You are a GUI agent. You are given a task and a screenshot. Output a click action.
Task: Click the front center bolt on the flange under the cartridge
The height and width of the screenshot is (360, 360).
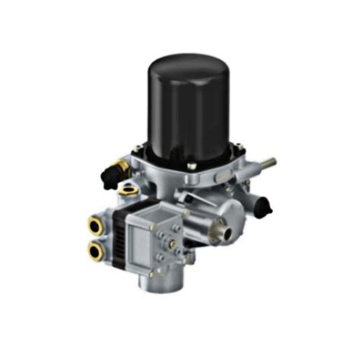tap(191, 166)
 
